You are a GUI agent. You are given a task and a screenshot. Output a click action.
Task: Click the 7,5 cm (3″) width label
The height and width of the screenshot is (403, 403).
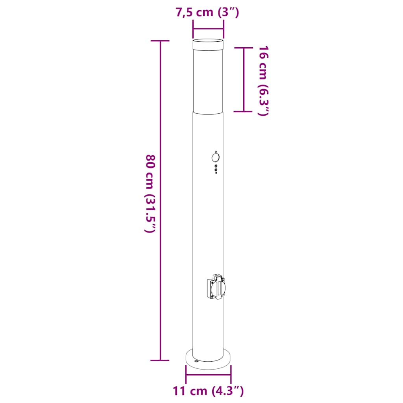(207, 12)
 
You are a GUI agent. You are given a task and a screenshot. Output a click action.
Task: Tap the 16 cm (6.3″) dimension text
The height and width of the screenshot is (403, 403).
(263, 81)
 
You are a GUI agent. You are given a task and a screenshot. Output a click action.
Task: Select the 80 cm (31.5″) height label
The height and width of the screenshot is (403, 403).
(150, 193)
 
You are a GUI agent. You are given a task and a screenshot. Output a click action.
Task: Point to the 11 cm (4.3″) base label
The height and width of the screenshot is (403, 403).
(208, 391)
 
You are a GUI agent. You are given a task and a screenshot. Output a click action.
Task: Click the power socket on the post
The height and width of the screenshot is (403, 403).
(216, 287)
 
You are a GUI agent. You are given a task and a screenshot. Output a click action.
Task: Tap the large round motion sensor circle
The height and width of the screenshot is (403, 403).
(216, 157)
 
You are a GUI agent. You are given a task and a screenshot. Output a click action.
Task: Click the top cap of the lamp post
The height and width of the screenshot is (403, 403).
(208, 44)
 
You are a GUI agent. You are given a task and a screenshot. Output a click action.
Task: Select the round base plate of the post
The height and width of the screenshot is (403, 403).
(208, 359)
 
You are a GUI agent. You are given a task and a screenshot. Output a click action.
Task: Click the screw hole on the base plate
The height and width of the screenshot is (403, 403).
(197, 361)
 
